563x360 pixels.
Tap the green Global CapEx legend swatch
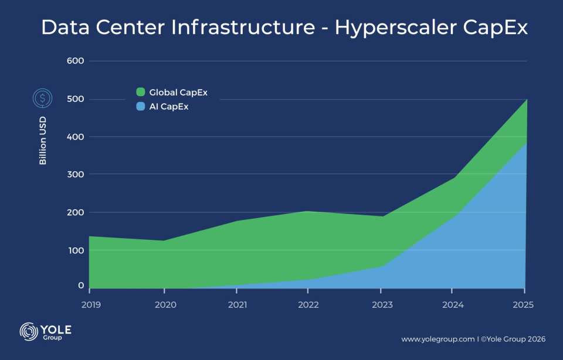pos(141,92)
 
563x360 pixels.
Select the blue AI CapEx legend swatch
pos(141,107)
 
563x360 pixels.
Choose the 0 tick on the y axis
pos(81,286)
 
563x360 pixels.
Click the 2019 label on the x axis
pos(91,305)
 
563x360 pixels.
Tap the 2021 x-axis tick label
pos(236,305)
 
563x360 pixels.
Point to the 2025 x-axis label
pos(524,305)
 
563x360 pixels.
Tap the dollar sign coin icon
pos(42,97)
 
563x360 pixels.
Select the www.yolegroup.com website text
pos(437,339)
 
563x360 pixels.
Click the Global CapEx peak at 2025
pos(526,100)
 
